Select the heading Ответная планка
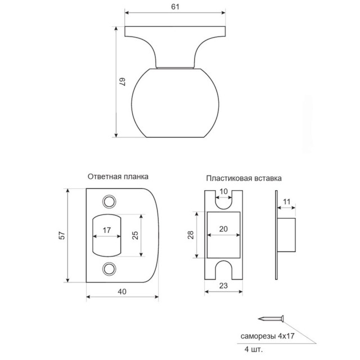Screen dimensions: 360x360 [x=118, y=175]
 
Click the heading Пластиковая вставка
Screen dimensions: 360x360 [x=244, y=178]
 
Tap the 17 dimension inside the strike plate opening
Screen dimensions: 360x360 [x=106, y=230]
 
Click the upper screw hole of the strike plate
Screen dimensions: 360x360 [x=110, y=201]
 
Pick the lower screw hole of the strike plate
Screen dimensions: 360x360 [x=110, y=268]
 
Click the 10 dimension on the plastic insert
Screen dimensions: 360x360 [x=223, y=192]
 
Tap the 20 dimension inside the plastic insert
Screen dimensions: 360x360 [x=223, y=229]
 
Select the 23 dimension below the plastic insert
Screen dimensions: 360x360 [x=223, y=286]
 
